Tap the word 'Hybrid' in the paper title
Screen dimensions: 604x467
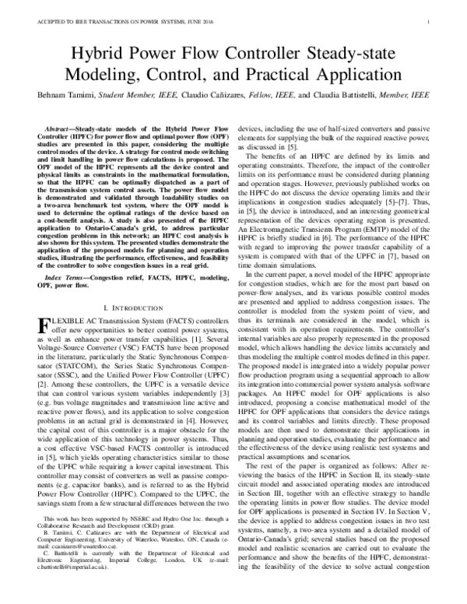coord(97,53)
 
